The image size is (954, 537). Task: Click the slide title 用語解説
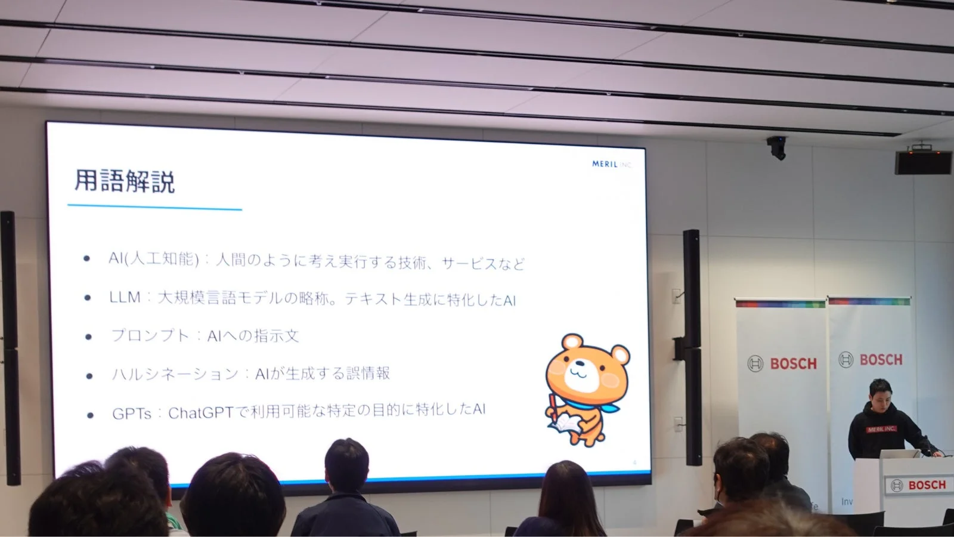coord(125,181)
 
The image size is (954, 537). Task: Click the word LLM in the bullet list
coord(125,297)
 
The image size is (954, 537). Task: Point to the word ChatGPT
coord(200,412)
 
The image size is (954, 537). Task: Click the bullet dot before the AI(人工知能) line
coord(87,259)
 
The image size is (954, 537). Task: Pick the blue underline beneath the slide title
coord(154,208)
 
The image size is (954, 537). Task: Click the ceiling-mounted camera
coord(777,147)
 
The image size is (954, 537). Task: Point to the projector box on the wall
coord(923,160)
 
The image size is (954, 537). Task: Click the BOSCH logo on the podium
coord(921,485)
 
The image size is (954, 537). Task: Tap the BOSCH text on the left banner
coord(792,363)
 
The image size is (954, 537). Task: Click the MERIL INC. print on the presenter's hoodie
coord(881,429)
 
